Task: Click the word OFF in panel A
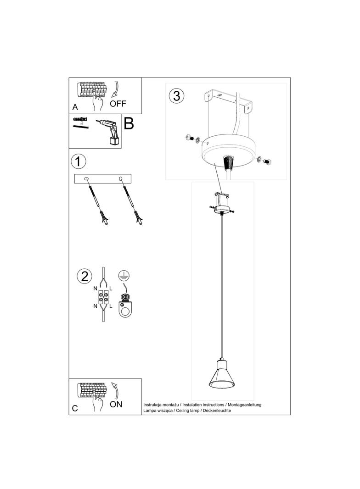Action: [x=118, y=103]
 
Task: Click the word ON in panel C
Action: [x=116, y=404]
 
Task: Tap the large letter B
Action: [x=129, y=124]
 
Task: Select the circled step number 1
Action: [x=79, y=161]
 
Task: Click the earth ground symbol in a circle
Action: [x=123, y=276]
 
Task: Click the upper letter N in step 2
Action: [x=95, y=289]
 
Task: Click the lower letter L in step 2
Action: [x=112, y=306]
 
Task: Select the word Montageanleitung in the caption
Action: [x=244, y=405]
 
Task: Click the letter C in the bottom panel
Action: [x=75, y=408]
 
